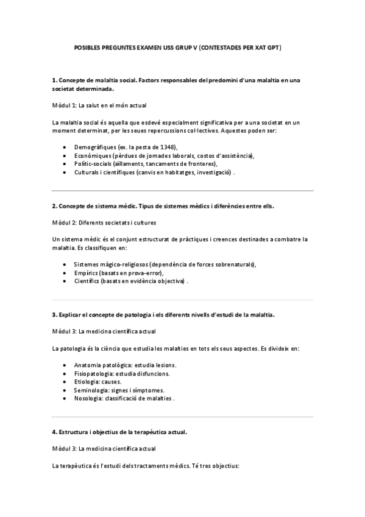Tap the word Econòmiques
point(91,155)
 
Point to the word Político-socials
point(93,164)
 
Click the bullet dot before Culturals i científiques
point(65,173)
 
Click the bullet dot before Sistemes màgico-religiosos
point(65,264)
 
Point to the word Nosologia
point(88,399)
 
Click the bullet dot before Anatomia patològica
point(65,365)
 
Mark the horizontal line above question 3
point(182,299)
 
